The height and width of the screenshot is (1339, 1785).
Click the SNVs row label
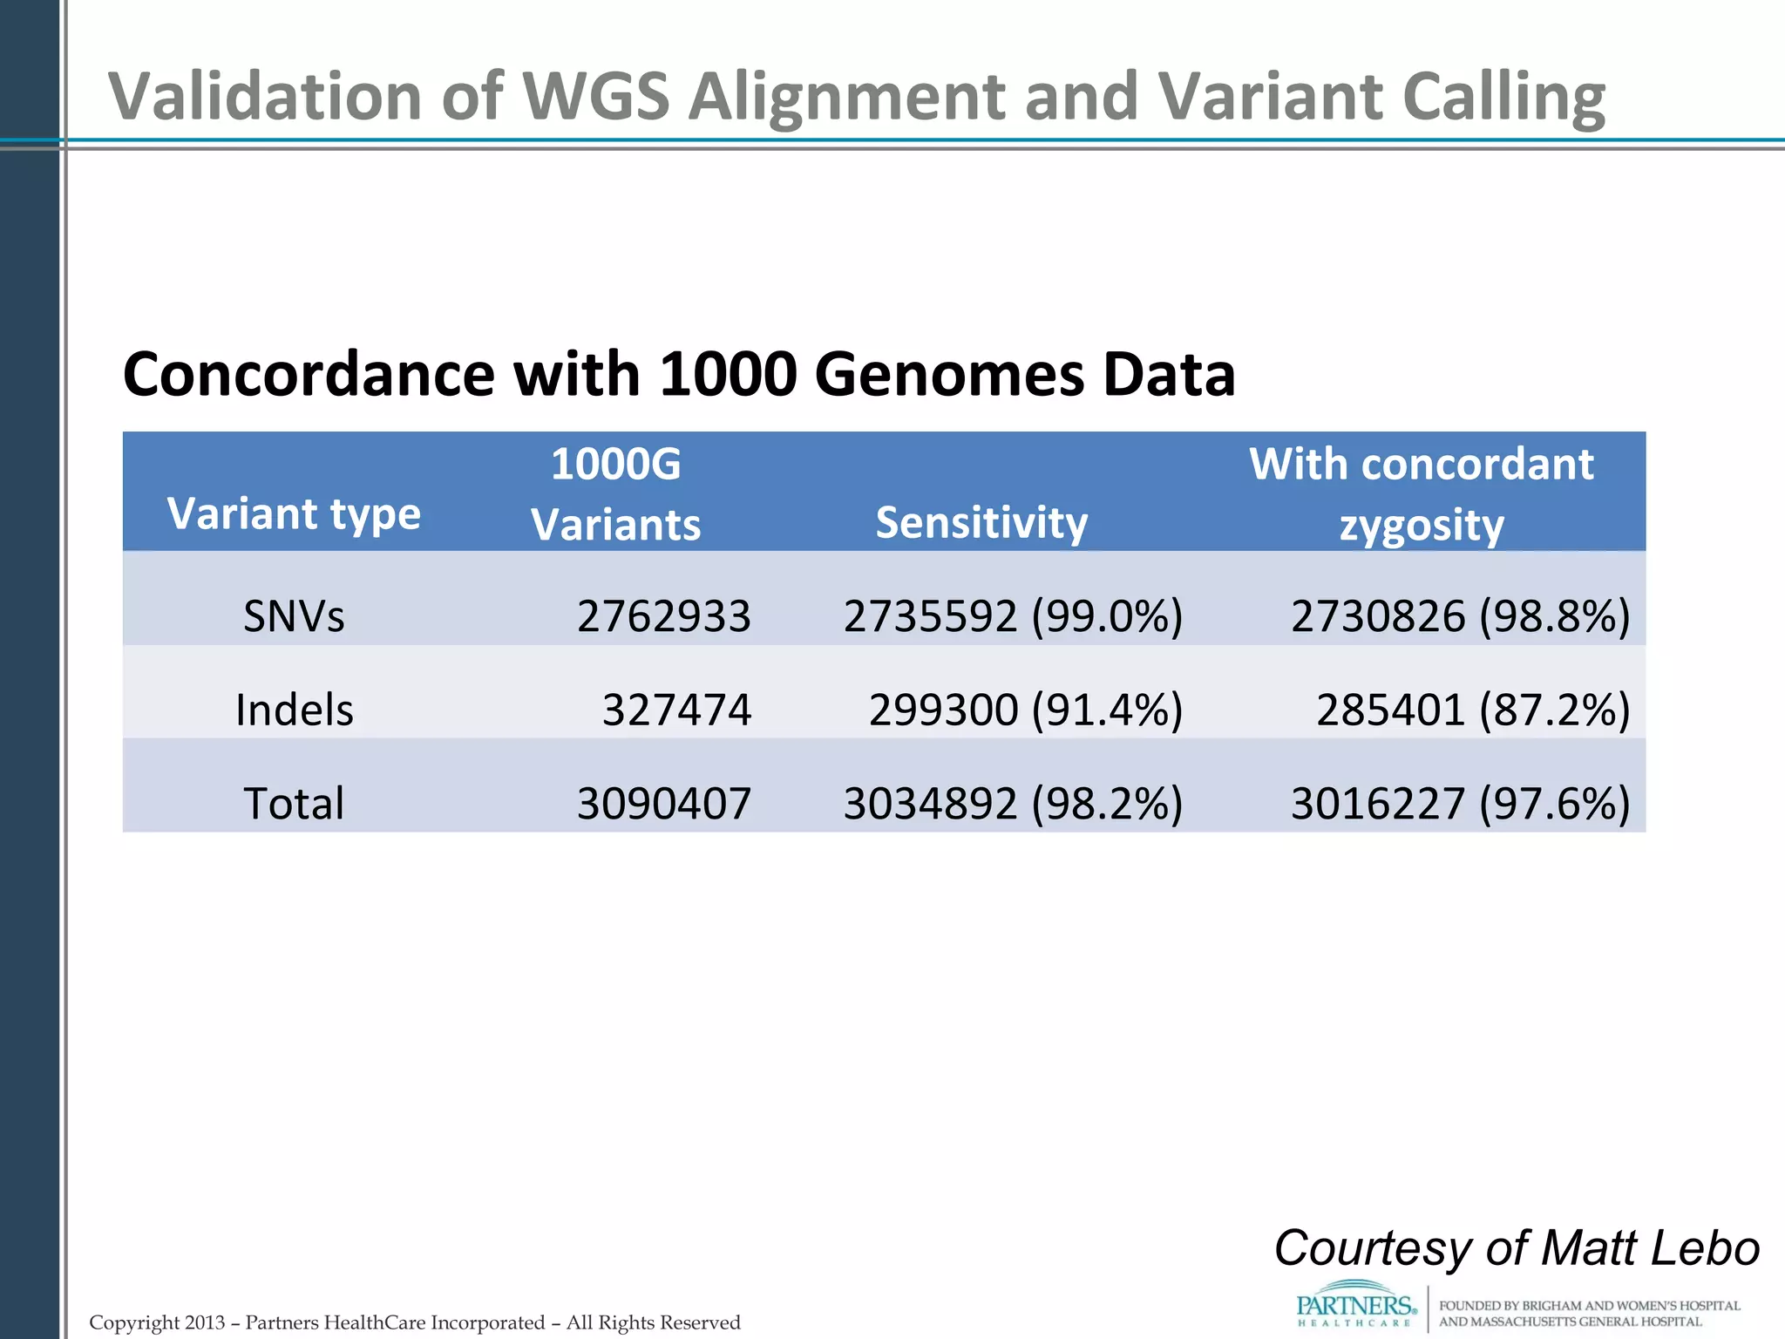click(x=294, y=616)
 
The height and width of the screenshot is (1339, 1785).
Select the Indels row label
click(x=295, y=710)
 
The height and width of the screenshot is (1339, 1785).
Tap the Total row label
click(x=294, y=803)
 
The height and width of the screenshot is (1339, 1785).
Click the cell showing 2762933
click(x=663, y=616)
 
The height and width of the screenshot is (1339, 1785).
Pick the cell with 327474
click(x=676, y=710)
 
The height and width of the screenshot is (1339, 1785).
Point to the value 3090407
click(x=663, y=803)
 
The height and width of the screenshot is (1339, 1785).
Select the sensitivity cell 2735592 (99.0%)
click(x=1013, y=616)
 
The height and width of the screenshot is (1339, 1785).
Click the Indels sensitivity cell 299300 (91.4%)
click(x=1025, y=710)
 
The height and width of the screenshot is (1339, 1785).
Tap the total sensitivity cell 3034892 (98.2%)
click(x=1013, y=803)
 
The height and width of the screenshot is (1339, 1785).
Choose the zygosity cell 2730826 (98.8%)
click(x=1460, y=616)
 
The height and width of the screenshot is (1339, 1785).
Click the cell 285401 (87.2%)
click(x=1472, y=710)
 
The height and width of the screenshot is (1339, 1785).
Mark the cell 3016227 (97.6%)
click(x=1460, y=803)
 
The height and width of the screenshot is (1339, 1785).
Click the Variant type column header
click(x=294, y=513)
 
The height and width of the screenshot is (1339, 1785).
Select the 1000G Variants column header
click(x=615, y=494)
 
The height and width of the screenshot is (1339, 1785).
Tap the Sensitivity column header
click(x=981, y=522)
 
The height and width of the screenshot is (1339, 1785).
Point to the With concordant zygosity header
click(x=1422, y=494)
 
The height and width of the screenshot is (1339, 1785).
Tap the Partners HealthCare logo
click(x=1355, y=1306)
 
